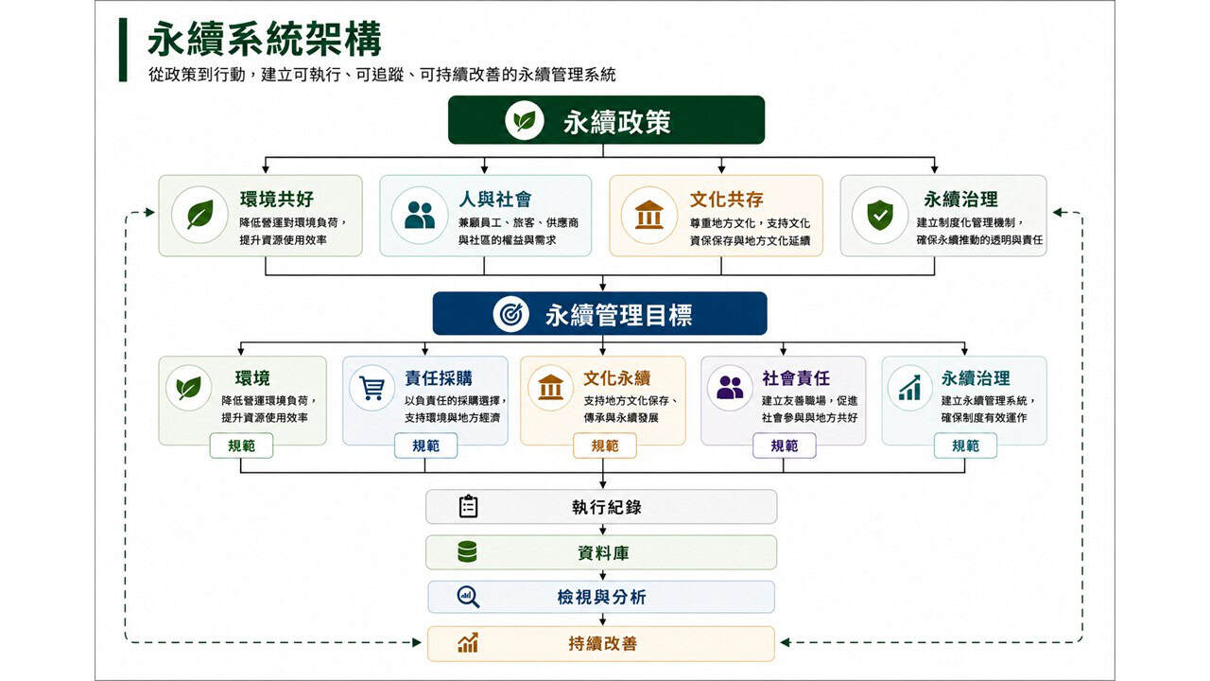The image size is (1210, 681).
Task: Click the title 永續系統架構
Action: point(264,39)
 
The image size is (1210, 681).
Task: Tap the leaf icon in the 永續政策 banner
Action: point(524,120)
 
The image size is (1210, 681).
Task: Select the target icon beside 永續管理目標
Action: point(510,314)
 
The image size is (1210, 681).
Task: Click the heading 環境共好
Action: point(277,199)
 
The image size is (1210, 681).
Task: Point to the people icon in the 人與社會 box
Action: point(420,215)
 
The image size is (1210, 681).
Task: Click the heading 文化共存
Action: point(727,200)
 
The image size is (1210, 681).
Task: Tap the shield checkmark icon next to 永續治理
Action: point(880,215)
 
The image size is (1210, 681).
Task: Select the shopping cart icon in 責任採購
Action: point(372,388)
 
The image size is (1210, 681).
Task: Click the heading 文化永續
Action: point(617,377)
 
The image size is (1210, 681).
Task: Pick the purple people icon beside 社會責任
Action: point(730,388)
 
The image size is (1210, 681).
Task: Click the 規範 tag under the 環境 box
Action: point(241,445)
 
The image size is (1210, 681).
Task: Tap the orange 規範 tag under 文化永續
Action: point(604,445)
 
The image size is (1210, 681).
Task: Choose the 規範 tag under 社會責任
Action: point(785,445)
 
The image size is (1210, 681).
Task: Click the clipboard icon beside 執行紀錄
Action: point(468,506)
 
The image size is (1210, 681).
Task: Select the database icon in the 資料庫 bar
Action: point(467,551)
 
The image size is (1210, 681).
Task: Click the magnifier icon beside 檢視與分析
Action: point(468,597)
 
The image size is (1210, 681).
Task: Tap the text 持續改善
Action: point(603,643)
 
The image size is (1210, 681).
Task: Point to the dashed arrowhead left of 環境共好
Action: point(149,213)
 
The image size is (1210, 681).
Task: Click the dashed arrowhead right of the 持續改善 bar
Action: point(786,642)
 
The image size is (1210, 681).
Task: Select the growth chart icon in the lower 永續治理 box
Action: point(909,388)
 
